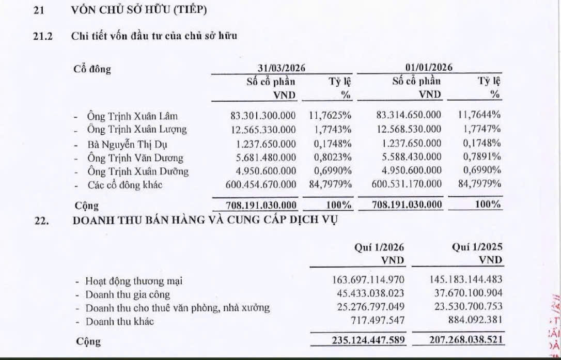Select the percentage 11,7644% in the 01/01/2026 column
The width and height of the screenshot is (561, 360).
coord(480,116)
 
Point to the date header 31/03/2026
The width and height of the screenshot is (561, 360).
coord(282,68)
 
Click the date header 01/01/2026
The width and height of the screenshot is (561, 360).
coord(429,68)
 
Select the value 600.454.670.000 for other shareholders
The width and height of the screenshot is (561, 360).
coord(261,184)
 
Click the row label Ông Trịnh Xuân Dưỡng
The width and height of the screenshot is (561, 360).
coord(137,171)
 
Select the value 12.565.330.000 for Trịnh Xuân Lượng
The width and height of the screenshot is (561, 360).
coord(263,129)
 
